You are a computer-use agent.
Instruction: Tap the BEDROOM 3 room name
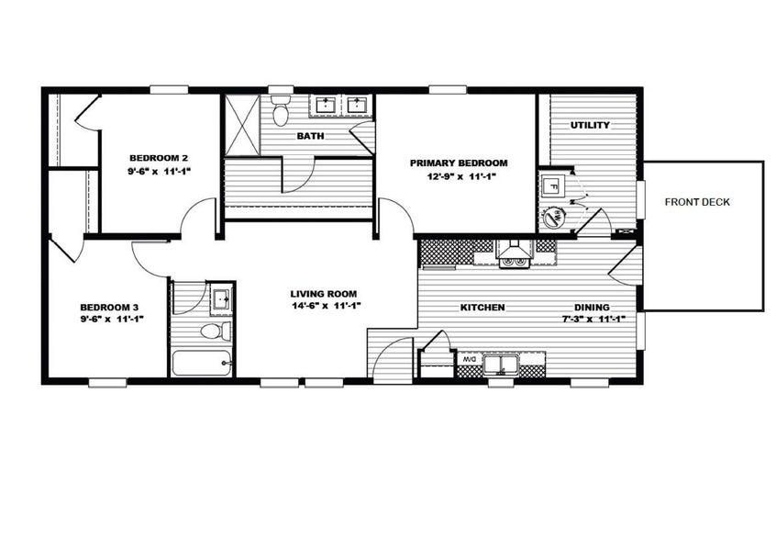point(109,307)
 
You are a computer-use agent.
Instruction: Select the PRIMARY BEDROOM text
point(458,163)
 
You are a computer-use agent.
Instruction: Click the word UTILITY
point(590,125)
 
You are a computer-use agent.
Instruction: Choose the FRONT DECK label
point(697,202)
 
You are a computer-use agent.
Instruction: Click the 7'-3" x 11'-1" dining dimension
point(593,320)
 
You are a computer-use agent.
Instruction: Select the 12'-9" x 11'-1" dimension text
point(458,176)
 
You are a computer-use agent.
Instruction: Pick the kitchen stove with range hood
point(513,252)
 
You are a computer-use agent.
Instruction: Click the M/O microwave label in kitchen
point(468,359)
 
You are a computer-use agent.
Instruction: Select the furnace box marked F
point(552,184)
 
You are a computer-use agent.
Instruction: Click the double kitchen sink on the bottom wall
point(501,365)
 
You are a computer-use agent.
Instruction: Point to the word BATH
point(308,137)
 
